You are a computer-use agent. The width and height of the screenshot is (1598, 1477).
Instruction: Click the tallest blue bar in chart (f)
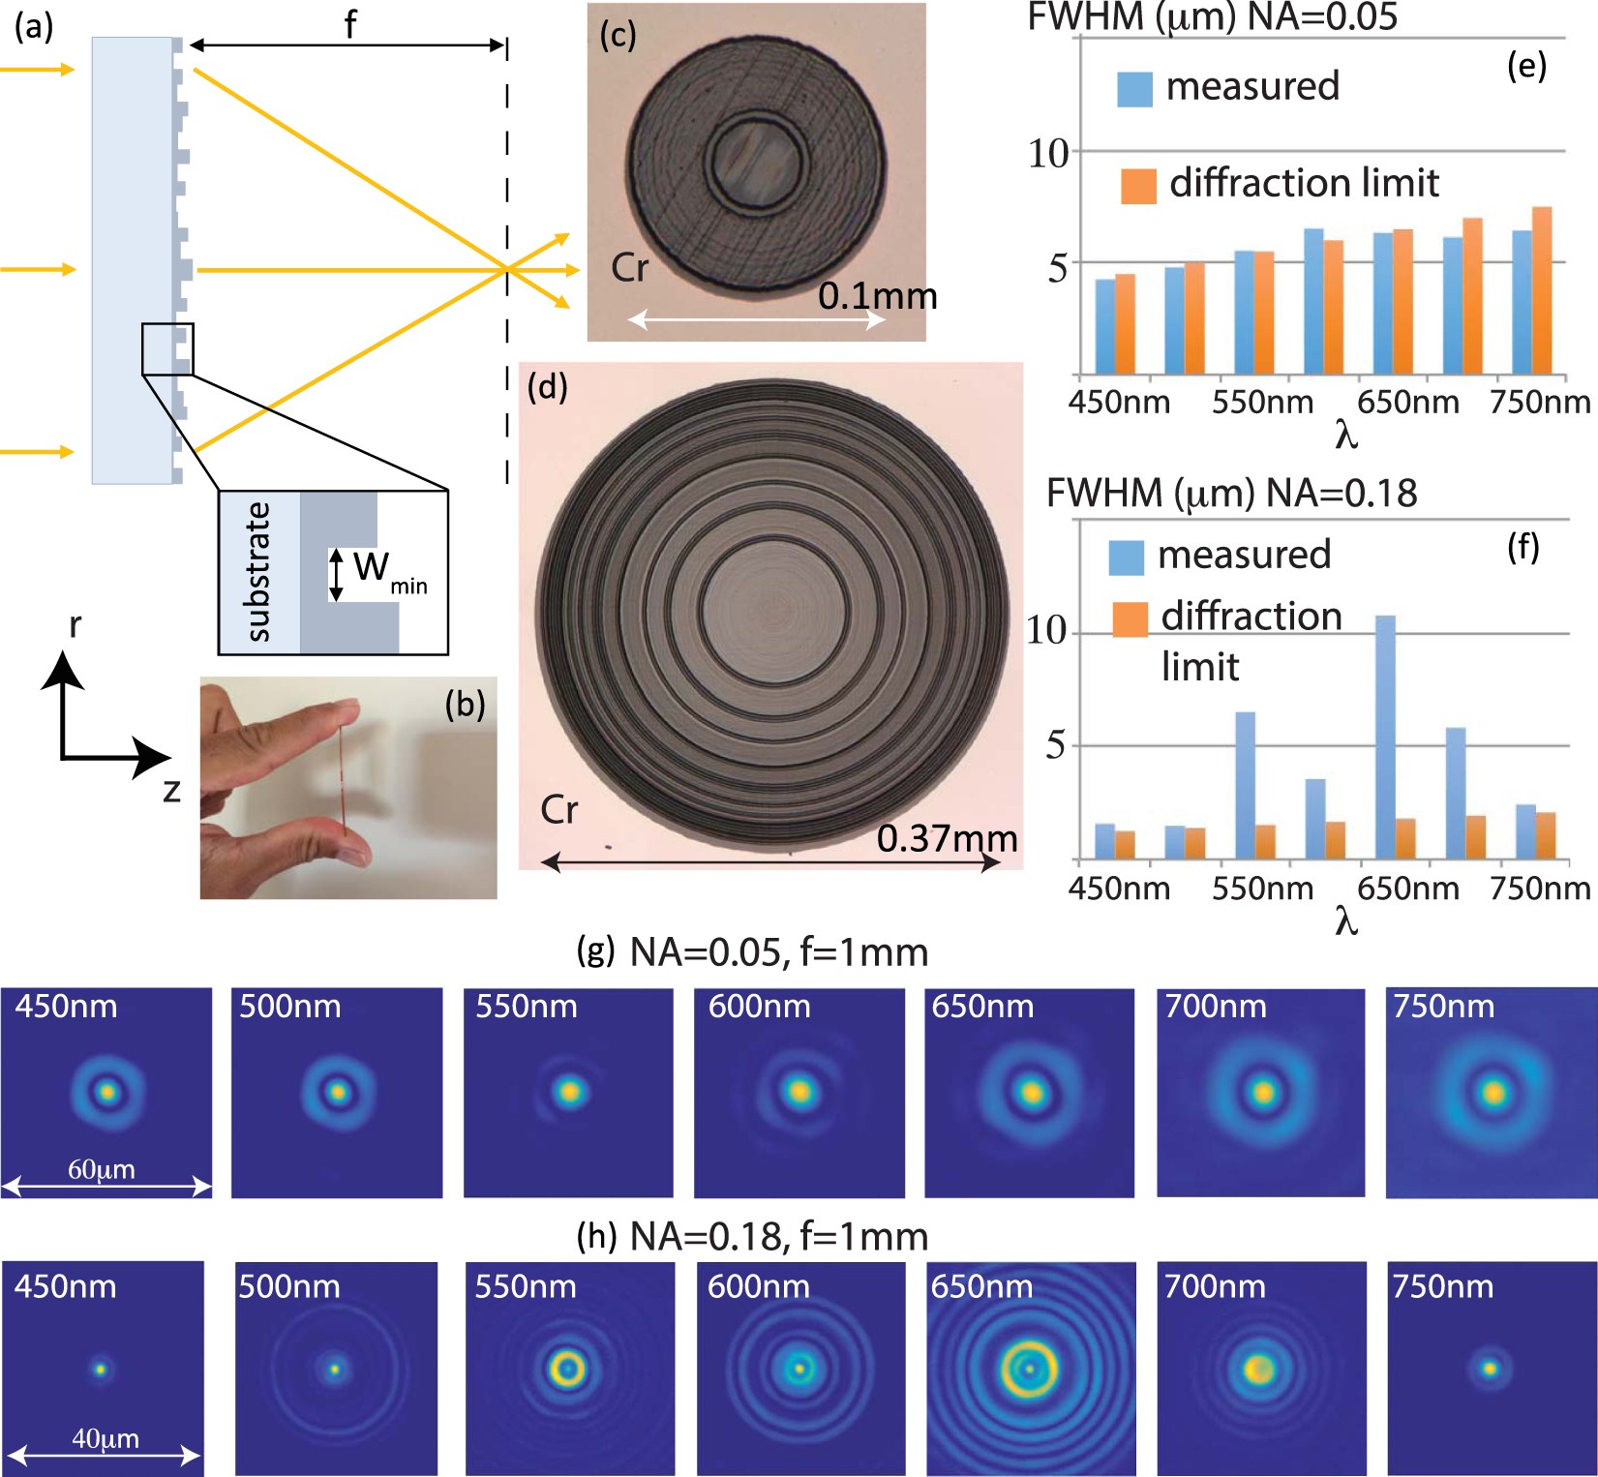(x=1385, y=736)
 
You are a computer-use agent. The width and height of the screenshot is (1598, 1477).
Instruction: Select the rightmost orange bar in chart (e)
(x=1542, y=290)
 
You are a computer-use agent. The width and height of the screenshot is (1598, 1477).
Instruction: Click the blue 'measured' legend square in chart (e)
(x=1134, y=89)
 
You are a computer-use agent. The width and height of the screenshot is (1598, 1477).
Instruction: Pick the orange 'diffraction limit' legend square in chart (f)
(x=1130, y=619)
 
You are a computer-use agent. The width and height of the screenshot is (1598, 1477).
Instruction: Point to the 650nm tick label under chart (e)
(x=1407, y=402)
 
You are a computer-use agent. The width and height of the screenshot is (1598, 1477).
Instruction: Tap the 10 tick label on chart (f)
(x=1046, y=631)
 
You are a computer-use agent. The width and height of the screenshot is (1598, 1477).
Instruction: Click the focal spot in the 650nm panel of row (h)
(x=1029, y=1369)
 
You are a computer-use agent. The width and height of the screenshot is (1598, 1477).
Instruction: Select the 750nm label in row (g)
(x=1443, y=1007)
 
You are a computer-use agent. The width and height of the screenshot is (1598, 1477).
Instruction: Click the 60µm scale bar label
(x=102, y=1169)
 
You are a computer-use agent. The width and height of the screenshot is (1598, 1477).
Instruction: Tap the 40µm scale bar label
(x=106, y=1439)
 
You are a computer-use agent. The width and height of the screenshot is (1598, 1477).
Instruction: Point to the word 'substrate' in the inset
(x=257, y=571)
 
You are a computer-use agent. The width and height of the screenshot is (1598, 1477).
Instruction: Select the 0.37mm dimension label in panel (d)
(x=947, y=838)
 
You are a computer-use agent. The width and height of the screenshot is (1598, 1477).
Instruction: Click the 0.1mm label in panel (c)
(x=877, y=296)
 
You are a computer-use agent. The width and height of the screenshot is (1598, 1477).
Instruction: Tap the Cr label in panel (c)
(x=629, y=268)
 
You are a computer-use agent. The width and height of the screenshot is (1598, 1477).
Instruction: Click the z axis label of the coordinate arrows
(x=172, y=791)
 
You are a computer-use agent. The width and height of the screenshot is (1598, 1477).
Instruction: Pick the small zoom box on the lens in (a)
(x=167, y=348)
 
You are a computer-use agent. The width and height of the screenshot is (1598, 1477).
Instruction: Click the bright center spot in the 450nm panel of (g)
(x=106, y=1093)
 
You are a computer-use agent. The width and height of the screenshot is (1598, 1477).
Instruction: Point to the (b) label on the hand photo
(x=465, y=705)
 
